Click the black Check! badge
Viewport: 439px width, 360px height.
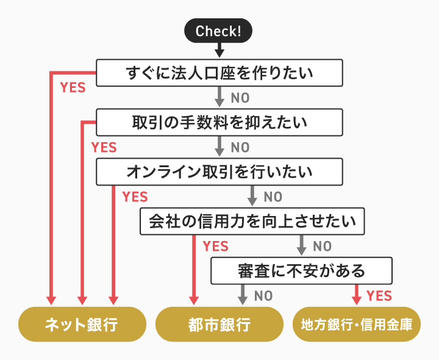[x=219, y=31]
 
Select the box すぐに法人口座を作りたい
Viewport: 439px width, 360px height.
[x=219, y=73]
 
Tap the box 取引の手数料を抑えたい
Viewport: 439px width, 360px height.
[x=219, y=123]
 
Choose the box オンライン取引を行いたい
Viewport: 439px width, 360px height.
[x=219, y=171]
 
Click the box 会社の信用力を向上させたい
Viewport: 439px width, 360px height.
[x=252, y=221]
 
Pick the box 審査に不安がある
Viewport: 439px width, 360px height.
[x=301, y=270]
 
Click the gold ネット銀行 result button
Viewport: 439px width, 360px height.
[x=82, y=324]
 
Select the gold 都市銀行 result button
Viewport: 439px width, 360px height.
[x=219, y=324]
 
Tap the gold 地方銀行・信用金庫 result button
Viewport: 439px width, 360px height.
[x=357, y=324]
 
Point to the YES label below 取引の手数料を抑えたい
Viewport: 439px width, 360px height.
[x=104, y=147]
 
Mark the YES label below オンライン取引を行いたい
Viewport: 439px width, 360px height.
[x=135, y=196]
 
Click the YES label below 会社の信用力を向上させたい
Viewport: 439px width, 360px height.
[x=215, y=247]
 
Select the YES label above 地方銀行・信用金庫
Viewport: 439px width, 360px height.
[x=379, y=296]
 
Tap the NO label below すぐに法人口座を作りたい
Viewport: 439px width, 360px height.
[x=240, y=98]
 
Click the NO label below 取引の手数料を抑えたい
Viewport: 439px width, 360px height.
[x=240, y=148]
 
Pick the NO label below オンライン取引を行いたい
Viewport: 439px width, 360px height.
[x=273, y=197]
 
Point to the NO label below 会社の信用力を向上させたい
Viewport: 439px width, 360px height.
[x=322, y=247]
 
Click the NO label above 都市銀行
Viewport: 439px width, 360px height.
[x=263, y=296]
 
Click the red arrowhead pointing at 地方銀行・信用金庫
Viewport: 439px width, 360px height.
[x=357, y=300]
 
